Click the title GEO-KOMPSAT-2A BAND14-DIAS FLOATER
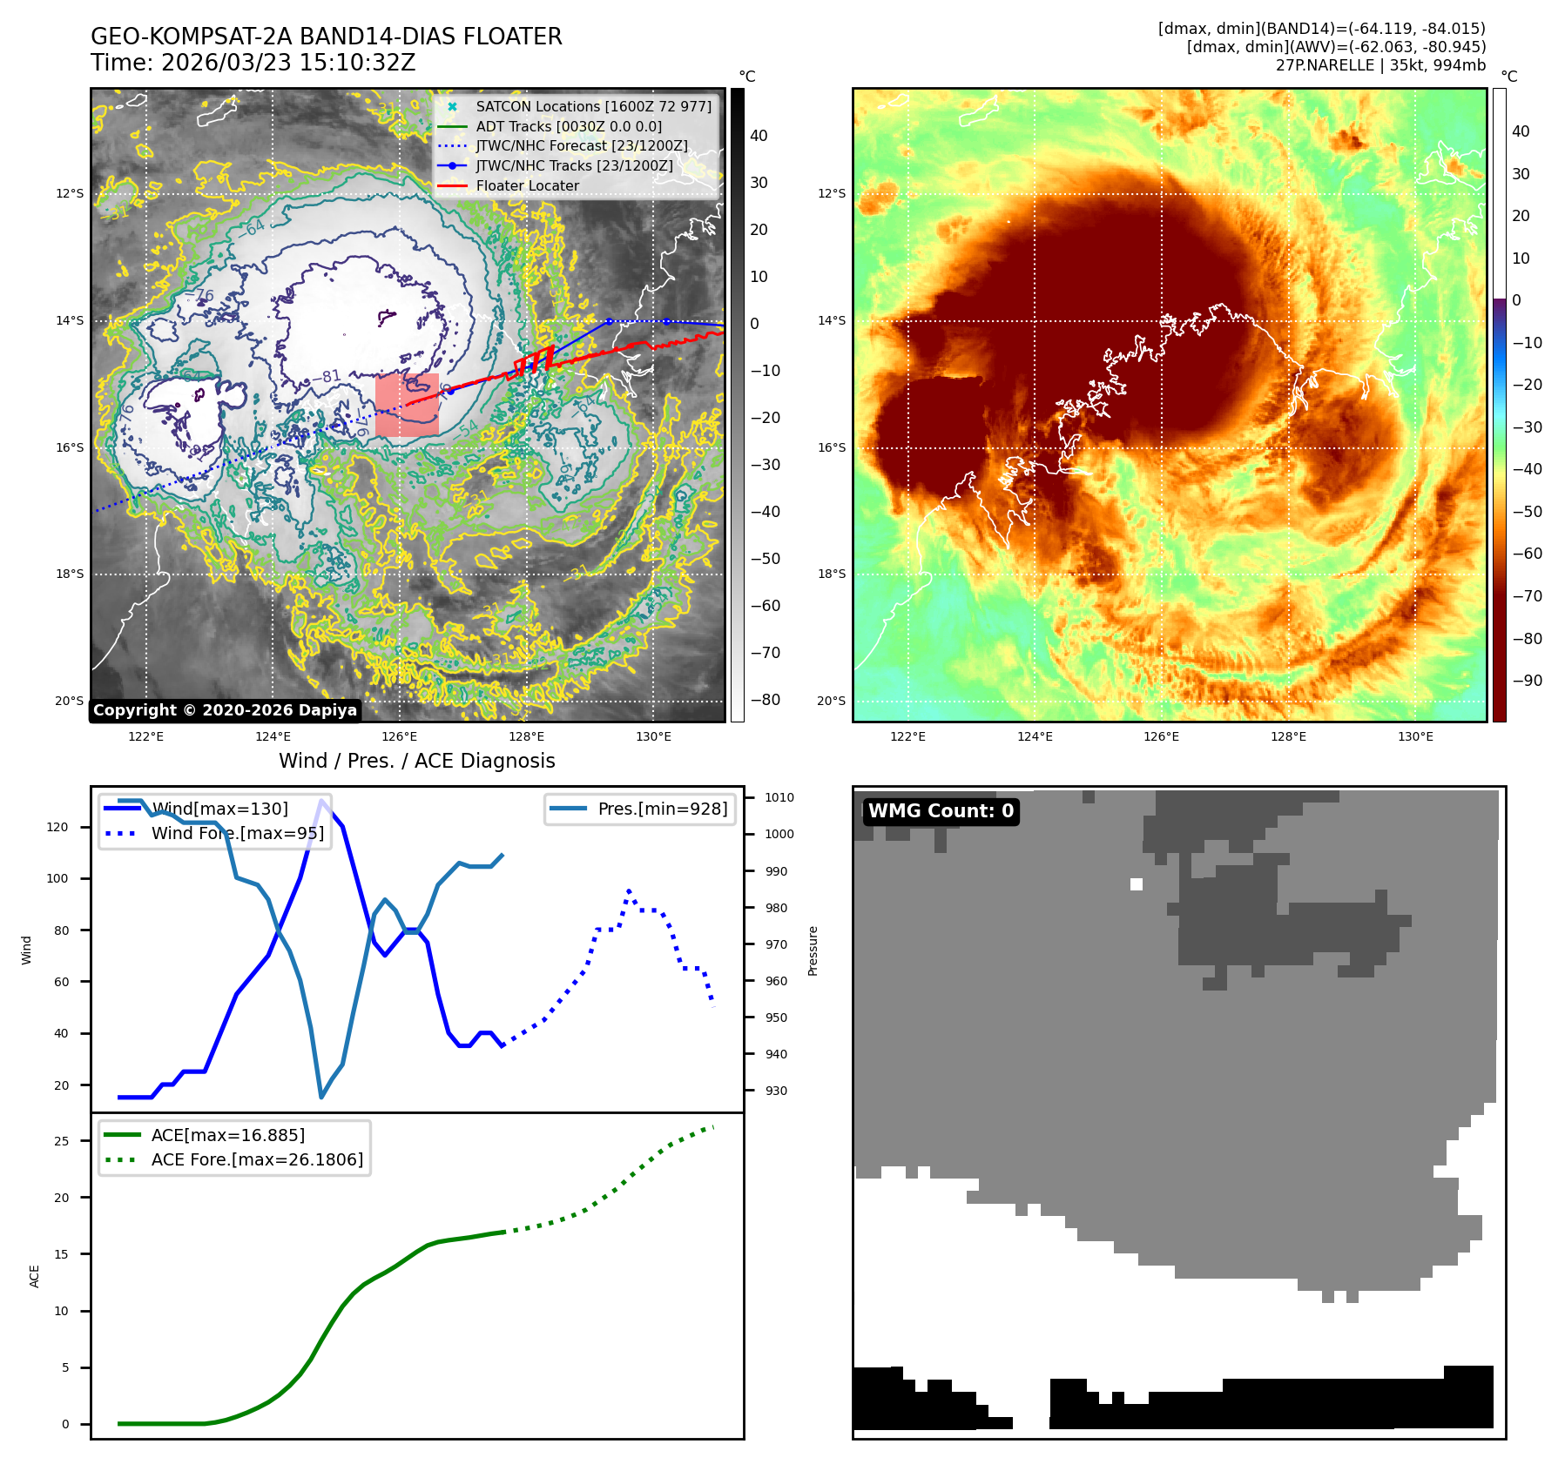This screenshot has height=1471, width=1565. (x=327, y=37)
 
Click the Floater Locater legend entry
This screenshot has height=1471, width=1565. (x=527, y=185)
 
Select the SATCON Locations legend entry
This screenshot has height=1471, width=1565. (x=593, y=106)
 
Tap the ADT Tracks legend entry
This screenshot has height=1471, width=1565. (x=569, y=126)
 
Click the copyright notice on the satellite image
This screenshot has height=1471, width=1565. (x=225, y=710)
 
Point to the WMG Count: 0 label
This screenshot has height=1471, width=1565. (x=941, y=811)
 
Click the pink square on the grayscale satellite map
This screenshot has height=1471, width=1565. (x=407, y=405)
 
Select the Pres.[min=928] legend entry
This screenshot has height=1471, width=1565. (x=662, y=809)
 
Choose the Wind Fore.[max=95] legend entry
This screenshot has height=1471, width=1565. (x=237, y=833)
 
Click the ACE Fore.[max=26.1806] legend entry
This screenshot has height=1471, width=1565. (x=257, y=1159)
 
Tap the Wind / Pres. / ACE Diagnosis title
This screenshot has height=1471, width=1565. (x=416, y=761)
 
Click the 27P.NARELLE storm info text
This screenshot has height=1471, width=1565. (x=1380, y=65)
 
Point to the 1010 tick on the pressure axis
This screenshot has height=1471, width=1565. (x=779, y=797)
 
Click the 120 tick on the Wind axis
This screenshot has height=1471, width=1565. (x=57, y=827)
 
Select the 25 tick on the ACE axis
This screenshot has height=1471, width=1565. (x=61, y=1141)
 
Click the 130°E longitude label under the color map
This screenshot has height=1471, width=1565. (x=1415, y=736)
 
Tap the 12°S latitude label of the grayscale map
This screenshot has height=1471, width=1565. (x=71, y=193)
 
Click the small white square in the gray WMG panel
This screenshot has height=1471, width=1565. (x=1136, y=884)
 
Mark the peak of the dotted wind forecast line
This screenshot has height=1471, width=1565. (x=629, y=891)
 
